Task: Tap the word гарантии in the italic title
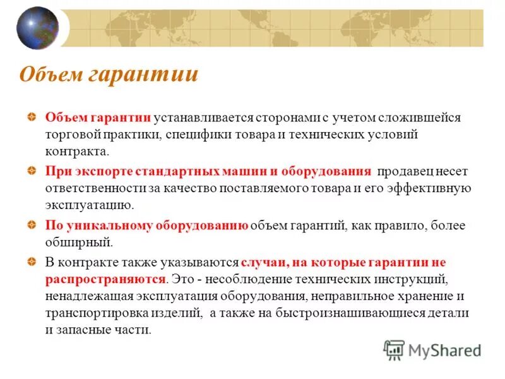pyautogui.click(x=143, y=75)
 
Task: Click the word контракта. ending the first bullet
pyautogui.click(x=77, y=152)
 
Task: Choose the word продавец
pyautogui.click(x=408, y=171)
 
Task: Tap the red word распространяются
pyautogui.click(x=106, y=279)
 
